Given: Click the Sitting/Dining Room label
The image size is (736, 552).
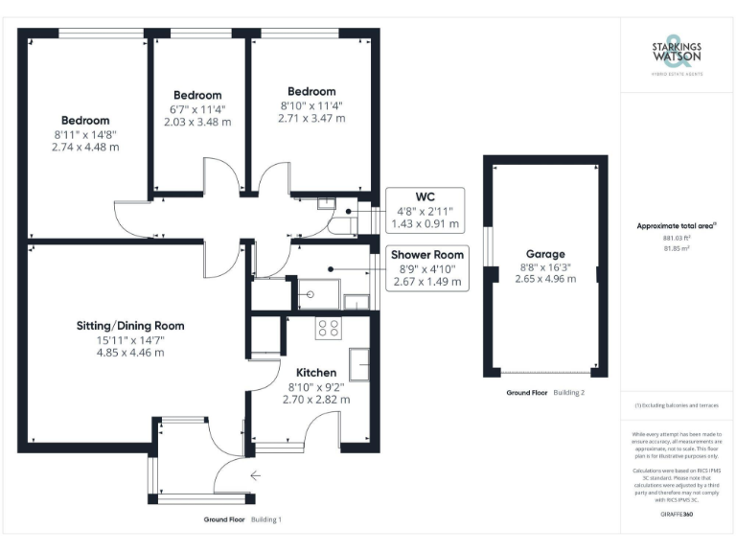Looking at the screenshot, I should coord(129,326).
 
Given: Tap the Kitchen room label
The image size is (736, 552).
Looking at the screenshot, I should coord(315,372).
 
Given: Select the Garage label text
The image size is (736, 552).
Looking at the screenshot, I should coord(544,255).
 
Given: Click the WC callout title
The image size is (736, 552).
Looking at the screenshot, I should coord(425,196).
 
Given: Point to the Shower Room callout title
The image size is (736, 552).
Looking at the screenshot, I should coord(426,255).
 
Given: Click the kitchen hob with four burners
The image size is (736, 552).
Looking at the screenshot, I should coord(329,328).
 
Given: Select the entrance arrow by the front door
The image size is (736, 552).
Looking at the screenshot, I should coord(255,474).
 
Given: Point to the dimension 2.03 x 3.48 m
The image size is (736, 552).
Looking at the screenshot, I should coord(197,122).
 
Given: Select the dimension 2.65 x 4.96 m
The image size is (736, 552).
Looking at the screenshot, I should coord(544,279).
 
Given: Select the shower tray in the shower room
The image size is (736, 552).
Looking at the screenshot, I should coord(318,294).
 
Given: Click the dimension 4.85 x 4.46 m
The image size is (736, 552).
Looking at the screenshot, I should coord(129,352).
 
